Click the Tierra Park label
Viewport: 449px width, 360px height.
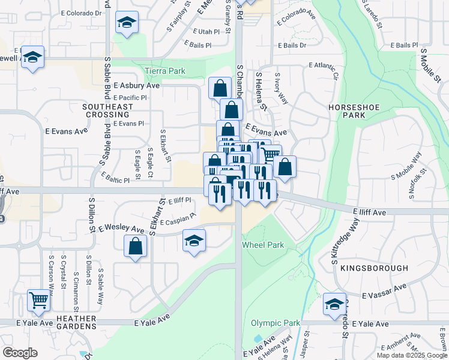point(164,71)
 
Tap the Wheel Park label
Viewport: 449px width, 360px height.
point(262,245)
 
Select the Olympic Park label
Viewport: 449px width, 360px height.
point(275,323)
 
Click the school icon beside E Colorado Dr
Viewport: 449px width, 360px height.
point(127,23)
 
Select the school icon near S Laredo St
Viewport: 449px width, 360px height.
point(334,304)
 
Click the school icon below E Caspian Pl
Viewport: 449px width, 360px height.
point(194,241)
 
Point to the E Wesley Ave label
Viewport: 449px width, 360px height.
point(122,229)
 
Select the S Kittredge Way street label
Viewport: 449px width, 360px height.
point(345,241)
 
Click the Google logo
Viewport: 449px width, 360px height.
point(20,353)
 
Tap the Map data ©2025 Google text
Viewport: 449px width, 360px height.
point(412,355)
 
